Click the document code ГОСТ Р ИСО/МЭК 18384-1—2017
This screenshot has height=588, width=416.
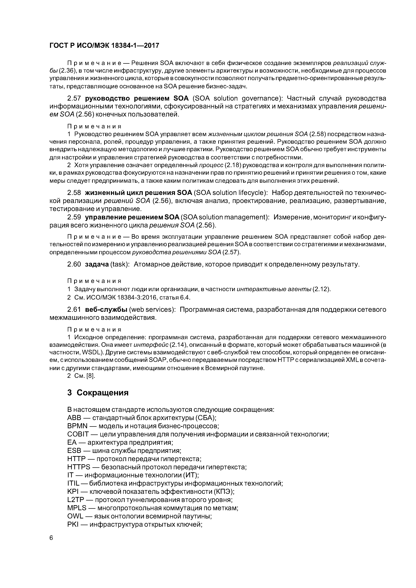[104, 46]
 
